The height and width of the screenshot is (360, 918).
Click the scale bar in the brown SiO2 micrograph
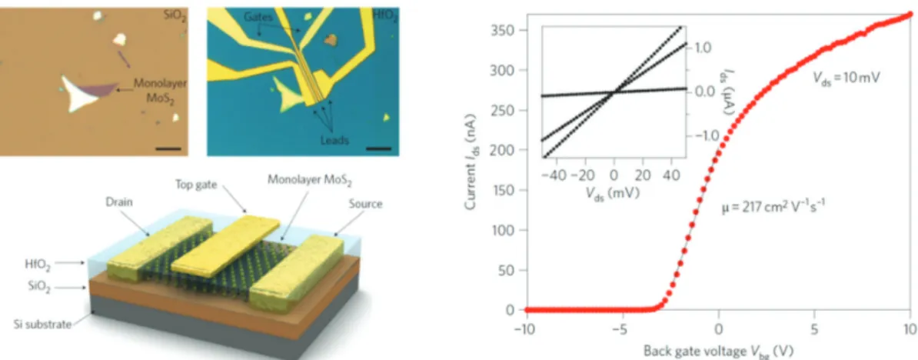pos(168,148)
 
